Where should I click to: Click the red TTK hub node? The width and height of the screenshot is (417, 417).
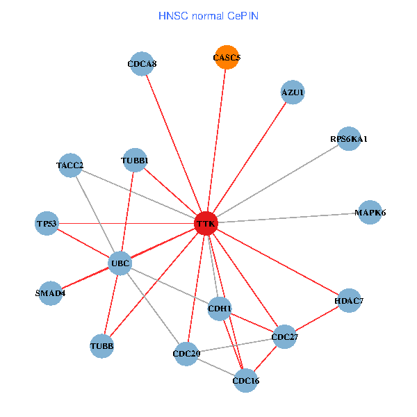(206, 224)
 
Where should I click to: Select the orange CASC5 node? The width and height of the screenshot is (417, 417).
(226, 58)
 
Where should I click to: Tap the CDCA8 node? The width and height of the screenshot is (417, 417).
(142, 64)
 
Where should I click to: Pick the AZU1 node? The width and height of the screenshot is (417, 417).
(293, 92)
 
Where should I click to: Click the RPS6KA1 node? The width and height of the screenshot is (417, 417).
(349, 139)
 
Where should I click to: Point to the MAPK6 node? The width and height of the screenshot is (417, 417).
(370, 213)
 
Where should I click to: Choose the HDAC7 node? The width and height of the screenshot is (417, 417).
(348, 301)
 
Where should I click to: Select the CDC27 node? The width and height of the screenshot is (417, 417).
(284, 337)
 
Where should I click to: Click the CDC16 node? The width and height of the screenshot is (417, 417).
(245, 380)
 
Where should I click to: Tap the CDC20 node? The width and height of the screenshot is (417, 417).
(186, 354)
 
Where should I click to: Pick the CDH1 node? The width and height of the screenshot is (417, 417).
(220, 308)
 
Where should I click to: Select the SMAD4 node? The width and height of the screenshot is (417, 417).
(50, 293)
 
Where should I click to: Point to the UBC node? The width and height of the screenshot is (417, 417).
(120, 263)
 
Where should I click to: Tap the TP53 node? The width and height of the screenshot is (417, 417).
(47, 223)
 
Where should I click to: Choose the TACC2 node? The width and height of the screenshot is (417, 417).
(70, 165)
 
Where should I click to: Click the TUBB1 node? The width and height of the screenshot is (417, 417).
(134, 161)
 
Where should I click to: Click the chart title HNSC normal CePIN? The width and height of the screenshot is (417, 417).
(208, 15)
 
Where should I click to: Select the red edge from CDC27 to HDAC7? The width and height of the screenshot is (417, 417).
(316, 319)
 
